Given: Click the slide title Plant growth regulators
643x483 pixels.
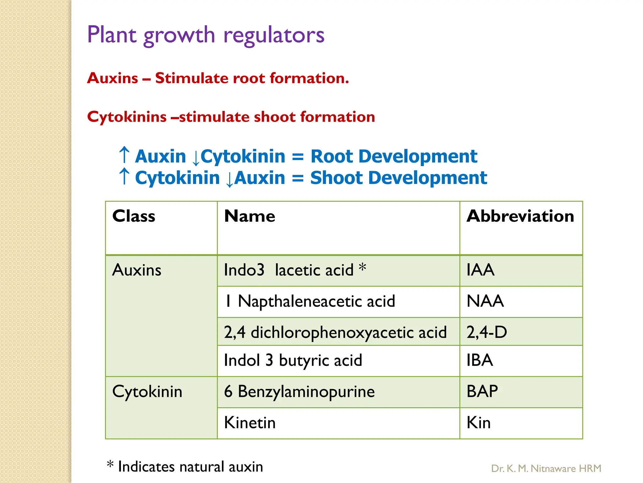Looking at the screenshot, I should [x=206, y=35].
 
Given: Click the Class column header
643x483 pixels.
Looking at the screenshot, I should [x=134, y=216].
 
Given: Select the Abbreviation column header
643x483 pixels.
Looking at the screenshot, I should [x=520, y=216].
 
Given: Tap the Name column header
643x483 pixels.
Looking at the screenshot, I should [x=250, y=216].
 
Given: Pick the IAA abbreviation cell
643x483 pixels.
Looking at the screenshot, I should [x=480, y=270].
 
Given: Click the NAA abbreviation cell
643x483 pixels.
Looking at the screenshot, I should [x=485, y=301].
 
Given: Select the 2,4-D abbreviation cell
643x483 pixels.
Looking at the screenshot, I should [x=487, y=332].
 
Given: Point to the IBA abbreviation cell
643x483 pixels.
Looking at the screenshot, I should [x=480, y=360].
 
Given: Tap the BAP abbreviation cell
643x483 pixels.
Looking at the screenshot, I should [x=482, y=391].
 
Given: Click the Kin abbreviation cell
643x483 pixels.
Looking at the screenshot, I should [x=478, y=423].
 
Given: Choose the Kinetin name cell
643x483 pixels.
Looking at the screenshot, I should [x=250, y=423].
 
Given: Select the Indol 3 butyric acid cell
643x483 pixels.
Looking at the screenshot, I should [x=293, y=360].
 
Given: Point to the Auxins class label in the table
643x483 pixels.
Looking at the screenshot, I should [x=137, y=270].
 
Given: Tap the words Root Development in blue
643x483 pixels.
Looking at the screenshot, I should [x=394, y=156].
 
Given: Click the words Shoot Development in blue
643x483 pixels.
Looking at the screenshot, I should [x=398, y=178].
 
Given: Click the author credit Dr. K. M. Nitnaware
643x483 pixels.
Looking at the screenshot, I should [x=546, y=469].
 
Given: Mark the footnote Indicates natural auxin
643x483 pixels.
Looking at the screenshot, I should [x=190, y=467].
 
